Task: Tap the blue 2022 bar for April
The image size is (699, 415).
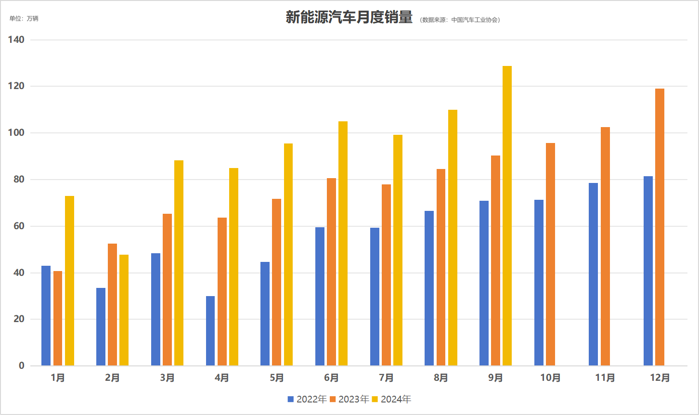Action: pyautogui.click(x=210, y=331)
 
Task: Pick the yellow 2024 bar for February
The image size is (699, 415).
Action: pyautogui.click(x=124, y=310)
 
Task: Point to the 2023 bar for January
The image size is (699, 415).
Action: pyautogui.click(x=58, y=318)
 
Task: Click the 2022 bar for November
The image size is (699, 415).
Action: pyautogui.click(x=593, y=274)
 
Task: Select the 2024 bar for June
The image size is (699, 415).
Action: pyautogui.click(x=343, y=244)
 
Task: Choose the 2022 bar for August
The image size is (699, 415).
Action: pyautogui.click(x=429, y=288)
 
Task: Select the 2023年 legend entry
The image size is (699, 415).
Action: pyautogui.click(x=349, y=399)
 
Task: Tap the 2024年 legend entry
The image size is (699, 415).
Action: pyautogui.click(x=391, y=399)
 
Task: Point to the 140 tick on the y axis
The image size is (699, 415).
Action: pyautogui.click(x=16, y=40)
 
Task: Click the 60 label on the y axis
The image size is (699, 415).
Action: pyautogui.click(x=19, y=226)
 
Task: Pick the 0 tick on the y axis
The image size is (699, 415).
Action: pyautogui.click(x=22, y=366)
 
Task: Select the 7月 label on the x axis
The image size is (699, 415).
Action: pyautogui.click(x=386, y=378)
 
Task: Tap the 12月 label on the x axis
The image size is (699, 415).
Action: pyautogui.click(x=660, y=378)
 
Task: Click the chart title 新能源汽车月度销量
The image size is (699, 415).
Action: pyautogui.click(x=349, y=18)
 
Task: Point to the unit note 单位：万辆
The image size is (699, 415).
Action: pyautogui.click(x=24, y=19)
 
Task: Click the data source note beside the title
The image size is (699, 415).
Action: pyautogui.click(x=460, y=20)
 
